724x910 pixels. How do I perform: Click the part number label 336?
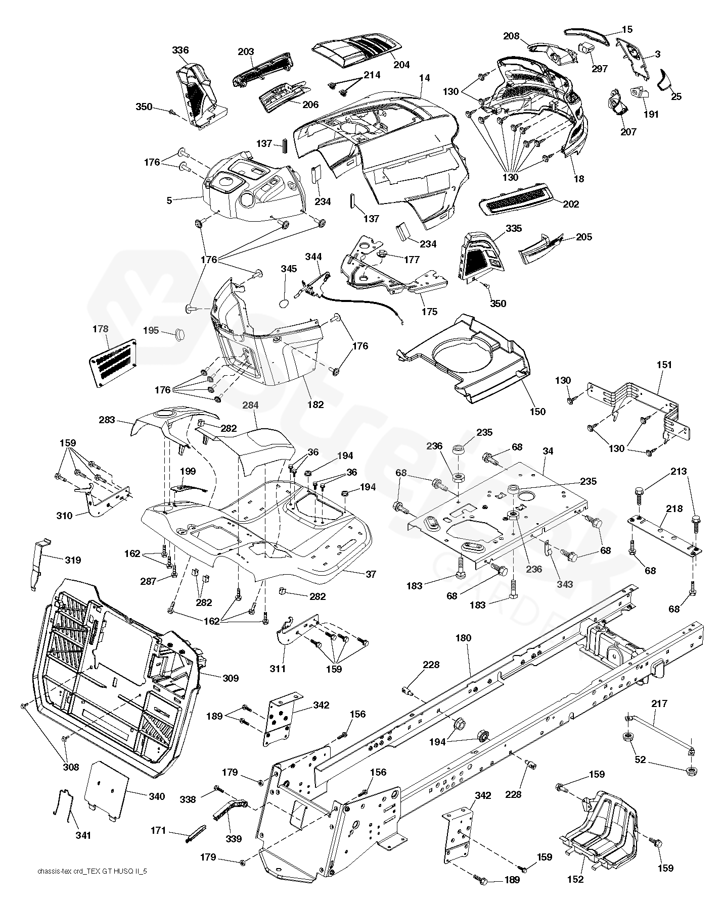pyautogui.click(x=180, y=50)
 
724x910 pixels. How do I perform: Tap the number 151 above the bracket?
pyautogui.click(x=664, y=365)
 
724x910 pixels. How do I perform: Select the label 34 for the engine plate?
pyautogui.click(x=548, y=451)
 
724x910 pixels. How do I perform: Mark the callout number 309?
pyautogui.click(x=231, y=678)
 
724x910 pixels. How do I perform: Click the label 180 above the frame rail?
pyautogui.click(x=463, y=638)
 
